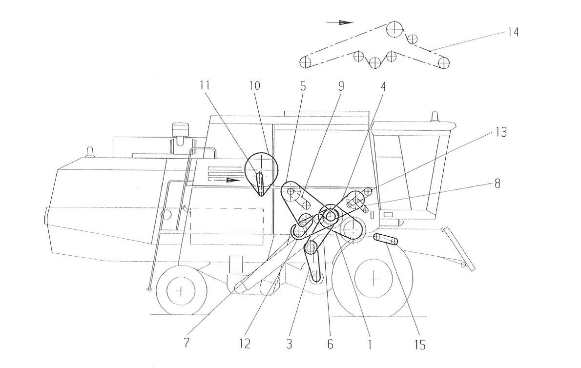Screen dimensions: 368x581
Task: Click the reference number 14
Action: point(513,32)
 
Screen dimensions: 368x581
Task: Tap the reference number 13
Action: point(500,133)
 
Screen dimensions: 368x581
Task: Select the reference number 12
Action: point(245,344)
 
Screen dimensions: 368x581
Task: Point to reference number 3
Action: point(290,344)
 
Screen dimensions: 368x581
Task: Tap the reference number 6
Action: point(330,344)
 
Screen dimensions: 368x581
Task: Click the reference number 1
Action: point(370,344)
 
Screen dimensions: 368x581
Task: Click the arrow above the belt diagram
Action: point(346,22)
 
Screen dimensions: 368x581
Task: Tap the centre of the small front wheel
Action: point(181,291)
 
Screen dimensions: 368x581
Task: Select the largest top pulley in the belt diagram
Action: point(393,29)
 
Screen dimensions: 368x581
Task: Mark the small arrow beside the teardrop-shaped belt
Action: point(234,180)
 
